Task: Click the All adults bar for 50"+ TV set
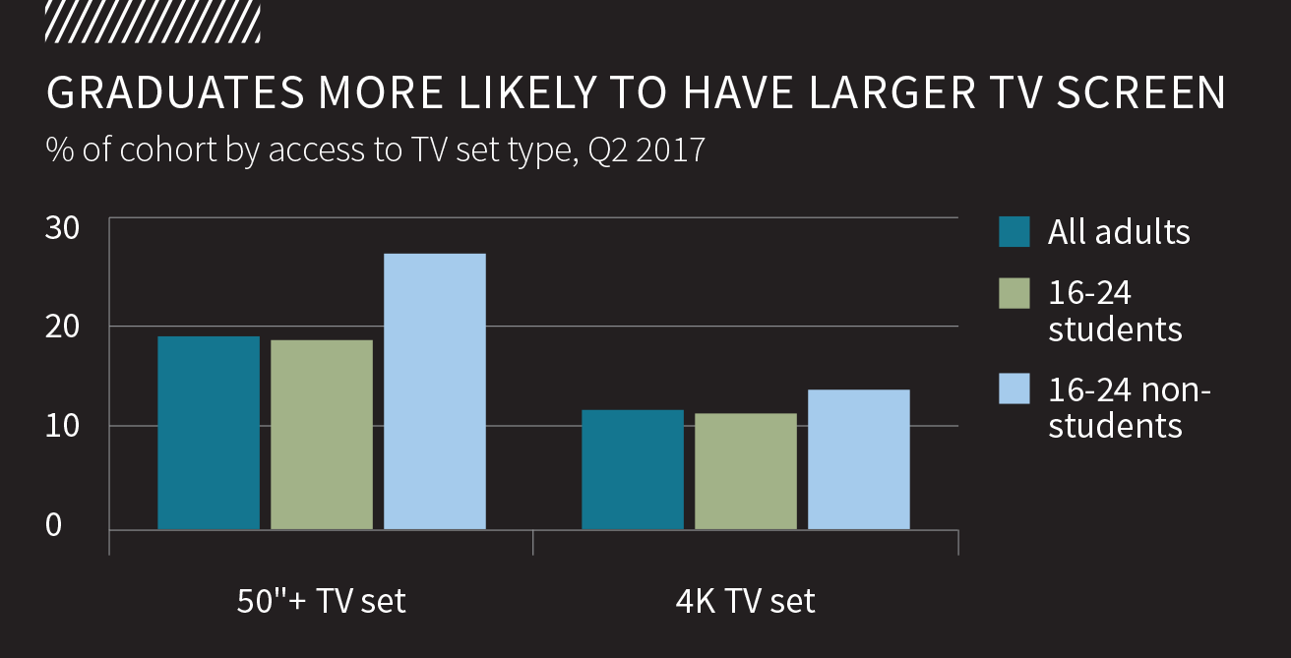209,433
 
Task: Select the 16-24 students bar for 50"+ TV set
322,435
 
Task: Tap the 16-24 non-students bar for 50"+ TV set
435,391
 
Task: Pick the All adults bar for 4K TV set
633,470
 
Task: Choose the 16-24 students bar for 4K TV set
746,472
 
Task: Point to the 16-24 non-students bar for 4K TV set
859,460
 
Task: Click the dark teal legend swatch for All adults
1014,232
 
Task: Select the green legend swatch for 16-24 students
1014,293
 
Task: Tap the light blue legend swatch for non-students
1014,389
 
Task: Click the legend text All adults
1119,232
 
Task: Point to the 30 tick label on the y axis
63,226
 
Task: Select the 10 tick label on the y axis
63,426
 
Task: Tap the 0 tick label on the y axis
53,525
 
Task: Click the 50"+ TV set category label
321,601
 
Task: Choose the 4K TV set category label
745,601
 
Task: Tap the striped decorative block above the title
153,21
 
